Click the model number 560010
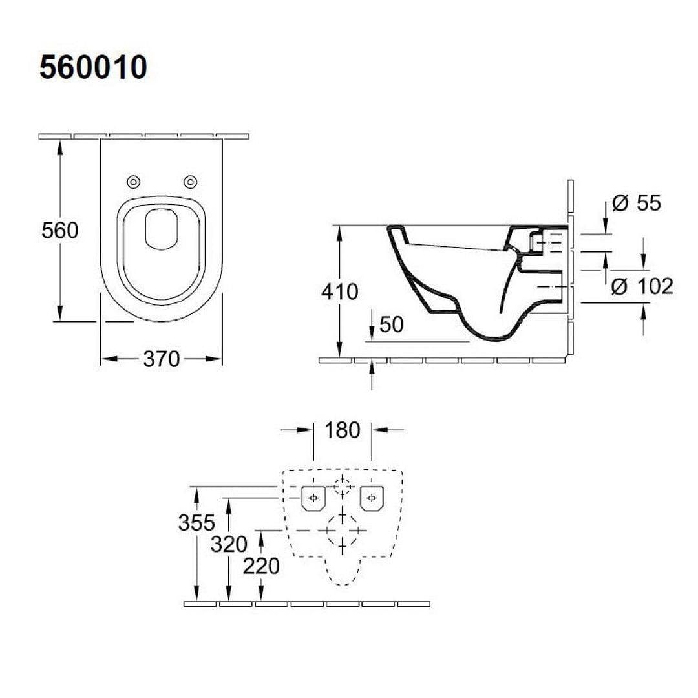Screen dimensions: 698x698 click(x=94, y=67)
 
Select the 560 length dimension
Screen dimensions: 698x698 click(x=59, y=230)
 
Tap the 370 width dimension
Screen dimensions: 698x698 click(x=161, y=359)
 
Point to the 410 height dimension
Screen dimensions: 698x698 click(x=339, y=291)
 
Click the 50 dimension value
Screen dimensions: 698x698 click(x=391, y=324)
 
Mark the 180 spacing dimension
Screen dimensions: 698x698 click(x=342, y=429)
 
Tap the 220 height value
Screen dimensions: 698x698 click(x=261, y=566)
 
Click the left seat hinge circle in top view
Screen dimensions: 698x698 click(x=134, y=181)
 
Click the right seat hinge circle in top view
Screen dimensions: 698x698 click(x=190, y=181)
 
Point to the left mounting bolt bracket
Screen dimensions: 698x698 click(x=313, y=498)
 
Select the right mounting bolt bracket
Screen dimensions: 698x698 click(x=371, y=498)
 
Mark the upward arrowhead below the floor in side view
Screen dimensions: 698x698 click(x=372, y=368)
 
